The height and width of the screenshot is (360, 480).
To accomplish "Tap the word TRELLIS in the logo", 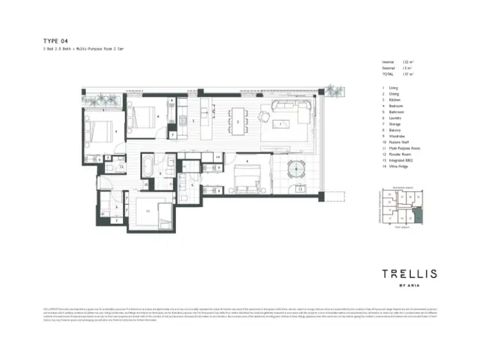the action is pyautogui.click(x=409, y=274).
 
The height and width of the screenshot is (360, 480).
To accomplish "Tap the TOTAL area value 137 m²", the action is pyautogui.click(x=408, y=74).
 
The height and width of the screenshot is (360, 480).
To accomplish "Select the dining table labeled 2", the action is pyautogui.click(x=238, y=121).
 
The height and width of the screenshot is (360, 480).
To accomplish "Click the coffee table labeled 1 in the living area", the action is pyautogui.click(x=280, y=123).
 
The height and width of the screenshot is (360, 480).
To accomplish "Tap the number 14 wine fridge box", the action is pyautogui.click(x=218, y=157).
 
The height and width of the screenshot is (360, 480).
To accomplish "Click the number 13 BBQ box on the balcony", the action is pyautogui.click(x=300, y=189).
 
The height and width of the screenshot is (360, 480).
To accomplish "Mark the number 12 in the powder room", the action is pyautogui.click(x=111, y=167).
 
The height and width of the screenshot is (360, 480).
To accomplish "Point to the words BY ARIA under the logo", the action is pyautogui.click(x=409, y=286).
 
